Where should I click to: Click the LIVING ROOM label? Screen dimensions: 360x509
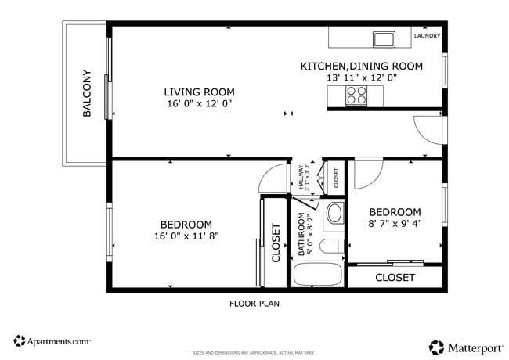[x=198, y=92]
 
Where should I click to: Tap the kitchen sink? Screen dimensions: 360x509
[x=384, y=38]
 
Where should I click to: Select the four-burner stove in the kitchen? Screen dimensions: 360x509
[x=356, y=95]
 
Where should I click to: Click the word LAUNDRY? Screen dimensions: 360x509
[x=427, y=36]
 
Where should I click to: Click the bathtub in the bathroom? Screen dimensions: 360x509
[x=317, y=275]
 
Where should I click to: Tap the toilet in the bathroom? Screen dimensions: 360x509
[x=333, y=248]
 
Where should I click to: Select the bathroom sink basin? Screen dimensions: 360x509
[x=334, y=213]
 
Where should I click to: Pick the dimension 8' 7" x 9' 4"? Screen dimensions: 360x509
[x=395, y=224]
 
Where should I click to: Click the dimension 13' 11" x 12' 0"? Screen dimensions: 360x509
[x=361, y=78]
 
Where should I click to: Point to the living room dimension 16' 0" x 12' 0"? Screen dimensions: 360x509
[x=198, y=103]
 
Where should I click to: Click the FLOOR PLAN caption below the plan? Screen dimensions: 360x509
[x=254, y=304]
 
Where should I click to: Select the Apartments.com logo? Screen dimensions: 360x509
[x=52, y=341]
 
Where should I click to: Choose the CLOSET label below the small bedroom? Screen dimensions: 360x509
[x=395, y=278]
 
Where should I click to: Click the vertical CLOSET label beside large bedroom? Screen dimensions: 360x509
[x=276, y=243]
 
